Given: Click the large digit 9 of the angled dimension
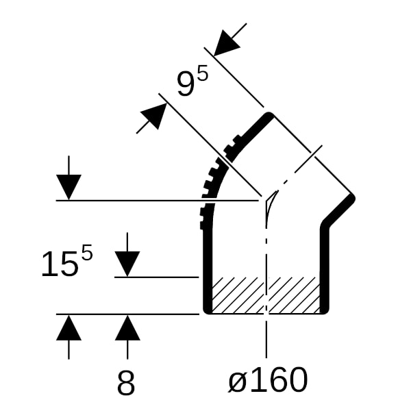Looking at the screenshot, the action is click(186, 84).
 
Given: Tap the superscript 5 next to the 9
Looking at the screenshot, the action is click(202, 73).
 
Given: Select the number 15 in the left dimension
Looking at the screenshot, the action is click(60, 264).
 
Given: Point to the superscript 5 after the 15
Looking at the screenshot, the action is click(87, 252).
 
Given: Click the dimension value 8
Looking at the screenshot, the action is click(126, 384).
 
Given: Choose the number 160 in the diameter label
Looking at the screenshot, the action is click(279, 379).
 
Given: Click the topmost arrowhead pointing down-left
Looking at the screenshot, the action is click(226, 43).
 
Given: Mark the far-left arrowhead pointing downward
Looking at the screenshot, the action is click(68, 188).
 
